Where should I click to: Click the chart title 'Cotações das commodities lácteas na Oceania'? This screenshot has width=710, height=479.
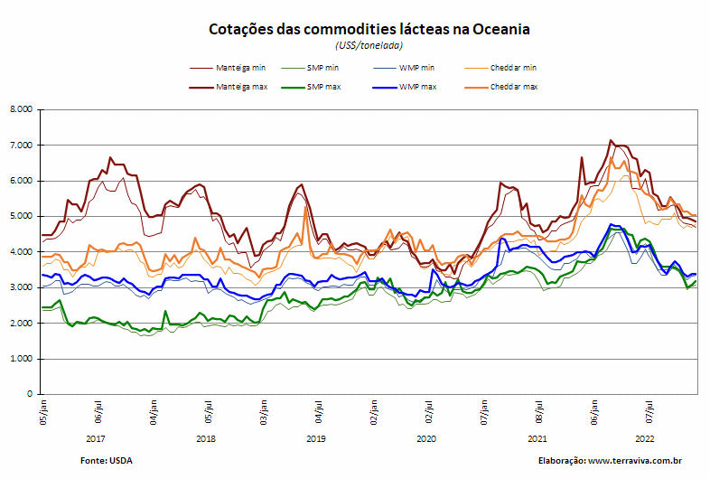coord(369,29)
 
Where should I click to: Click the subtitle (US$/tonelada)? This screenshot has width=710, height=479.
coord(369,45)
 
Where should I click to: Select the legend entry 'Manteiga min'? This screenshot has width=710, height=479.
coord(228,68)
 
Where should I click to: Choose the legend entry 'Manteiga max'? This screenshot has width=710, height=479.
coord(229,87)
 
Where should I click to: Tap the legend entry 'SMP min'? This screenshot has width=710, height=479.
coord(310,68)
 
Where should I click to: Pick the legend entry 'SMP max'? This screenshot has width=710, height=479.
coord(311,87)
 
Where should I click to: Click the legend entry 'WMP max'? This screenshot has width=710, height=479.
coord(405,87)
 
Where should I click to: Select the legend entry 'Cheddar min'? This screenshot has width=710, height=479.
coord(500,68)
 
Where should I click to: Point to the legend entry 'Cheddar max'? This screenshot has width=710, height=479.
coord(501,87)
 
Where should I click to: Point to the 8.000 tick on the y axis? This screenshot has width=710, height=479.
coord(22,109)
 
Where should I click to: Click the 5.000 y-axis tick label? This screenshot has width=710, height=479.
coord(22,216)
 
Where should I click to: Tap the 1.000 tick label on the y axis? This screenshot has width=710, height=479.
coord(22,359)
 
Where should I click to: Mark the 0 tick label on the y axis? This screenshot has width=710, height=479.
coord(30,394)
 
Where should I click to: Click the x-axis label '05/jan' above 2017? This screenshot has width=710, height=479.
coord(43,412)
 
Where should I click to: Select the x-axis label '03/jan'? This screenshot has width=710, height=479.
coord(264,412)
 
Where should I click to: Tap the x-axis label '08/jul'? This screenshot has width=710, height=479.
coord(539,412)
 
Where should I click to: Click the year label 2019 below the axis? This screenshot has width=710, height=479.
coord(315,438)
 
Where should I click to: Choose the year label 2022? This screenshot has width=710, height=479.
coord(645,438)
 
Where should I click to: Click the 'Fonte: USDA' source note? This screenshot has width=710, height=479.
coord(107,461)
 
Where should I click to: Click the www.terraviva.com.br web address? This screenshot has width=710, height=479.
coord(635,461)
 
